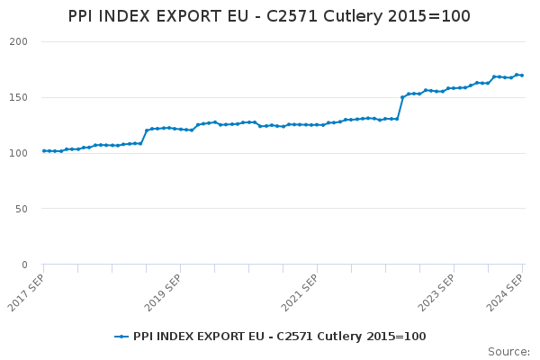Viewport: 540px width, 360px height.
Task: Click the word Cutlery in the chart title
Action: (x=353, y=17)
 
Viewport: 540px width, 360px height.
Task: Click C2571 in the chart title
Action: (x=292, y=16)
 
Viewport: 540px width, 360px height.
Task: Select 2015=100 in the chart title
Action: (x=429, y=16)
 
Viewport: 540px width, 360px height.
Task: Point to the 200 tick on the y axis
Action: (x=19, y=41)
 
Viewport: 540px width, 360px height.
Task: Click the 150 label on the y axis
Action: (x=19, y=97)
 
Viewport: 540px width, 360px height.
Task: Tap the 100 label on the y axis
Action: (x=19, y=153)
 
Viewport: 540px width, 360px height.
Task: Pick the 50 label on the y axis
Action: (x=22, y=209)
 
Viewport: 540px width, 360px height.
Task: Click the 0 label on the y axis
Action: (x=25, y=265)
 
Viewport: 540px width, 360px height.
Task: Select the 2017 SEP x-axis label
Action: (x=26, y=292)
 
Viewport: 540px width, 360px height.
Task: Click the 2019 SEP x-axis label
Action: (x=163, y=292)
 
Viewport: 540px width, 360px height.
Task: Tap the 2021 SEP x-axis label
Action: (x=300, y=292)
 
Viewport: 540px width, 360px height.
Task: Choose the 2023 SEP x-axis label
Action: (x=436, y=292)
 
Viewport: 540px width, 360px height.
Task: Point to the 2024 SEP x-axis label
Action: (x=505, y=292)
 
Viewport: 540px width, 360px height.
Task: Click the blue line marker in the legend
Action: (x=121, y=337)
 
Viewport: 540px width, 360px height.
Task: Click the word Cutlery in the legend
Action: (x=339, y=337)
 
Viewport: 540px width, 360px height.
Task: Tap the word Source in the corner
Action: (x=508, y=352)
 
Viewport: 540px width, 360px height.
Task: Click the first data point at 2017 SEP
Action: (x=44, y=151)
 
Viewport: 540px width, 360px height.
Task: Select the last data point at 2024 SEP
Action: (x=522, y=76)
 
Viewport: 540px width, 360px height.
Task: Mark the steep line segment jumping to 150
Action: (x=400, y=108)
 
